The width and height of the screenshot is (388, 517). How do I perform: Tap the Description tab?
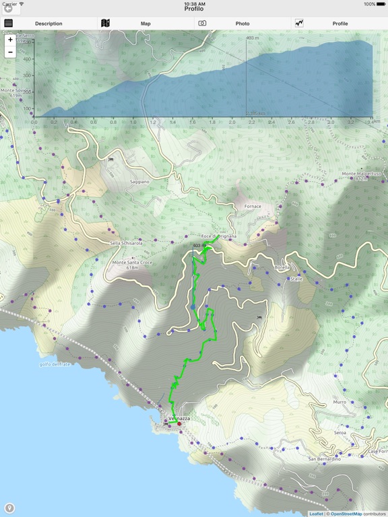(48, 24)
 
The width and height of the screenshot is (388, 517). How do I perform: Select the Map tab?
(145, 24)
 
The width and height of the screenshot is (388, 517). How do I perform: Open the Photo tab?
(243, 24)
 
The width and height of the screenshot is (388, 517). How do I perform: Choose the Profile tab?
(339, 24)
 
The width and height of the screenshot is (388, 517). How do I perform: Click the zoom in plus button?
(10, 40)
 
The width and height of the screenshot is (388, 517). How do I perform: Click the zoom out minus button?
(10, 52)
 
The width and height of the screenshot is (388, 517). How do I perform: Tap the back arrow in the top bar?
(9, 9)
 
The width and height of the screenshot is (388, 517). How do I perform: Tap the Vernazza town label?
(179, 419)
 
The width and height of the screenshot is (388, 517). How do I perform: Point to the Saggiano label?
(139, 182)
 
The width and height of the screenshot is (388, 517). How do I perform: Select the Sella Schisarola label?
(126, 243)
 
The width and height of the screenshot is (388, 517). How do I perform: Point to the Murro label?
(339, 402)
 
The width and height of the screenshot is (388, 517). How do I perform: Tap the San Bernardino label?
(324, 459)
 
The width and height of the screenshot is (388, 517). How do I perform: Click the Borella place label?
(282, 267)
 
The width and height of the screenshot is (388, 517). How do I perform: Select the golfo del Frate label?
(55, 364)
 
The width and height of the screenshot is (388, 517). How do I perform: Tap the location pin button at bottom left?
(9, 508)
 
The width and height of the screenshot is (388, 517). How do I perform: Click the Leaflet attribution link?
(316, 514)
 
